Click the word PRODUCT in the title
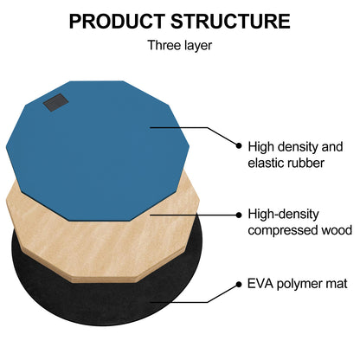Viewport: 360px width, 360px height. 117,22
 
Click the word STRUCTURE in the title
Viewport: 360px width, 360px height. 230,22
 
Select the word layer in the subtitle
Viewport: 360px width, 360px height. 196,46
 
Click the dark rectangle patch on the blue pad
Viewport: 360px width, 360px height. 55,102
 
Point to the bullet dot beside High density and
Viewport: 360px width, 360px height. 239,145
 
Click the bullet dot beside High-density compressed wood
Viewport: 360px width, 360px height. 239,215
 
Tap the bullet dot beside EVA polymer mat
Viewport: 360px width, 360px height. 239,285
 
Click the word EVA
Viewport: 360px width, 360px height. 260,284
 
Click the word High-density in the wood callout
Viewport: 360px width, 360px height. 284,215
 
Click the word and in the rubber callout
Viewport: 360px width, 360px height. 331,146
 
